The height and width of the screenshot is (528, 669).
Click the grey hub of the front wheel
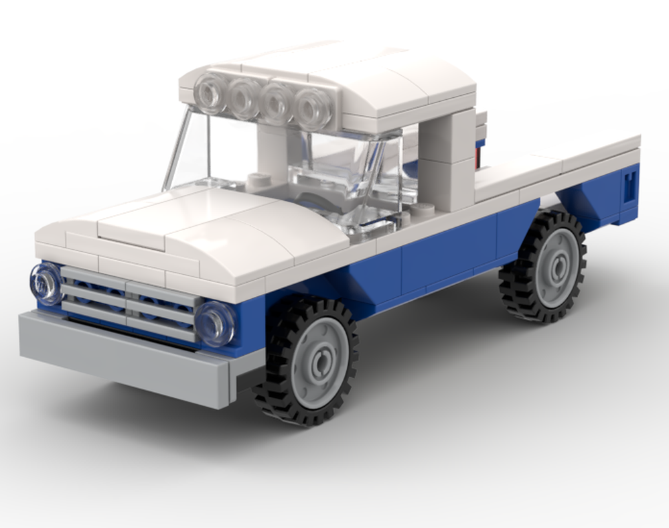pyautogui.click(x=320, y=362)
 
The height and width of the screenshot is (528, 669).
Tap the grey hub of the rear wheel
pyautogui.click(x=555, y=267)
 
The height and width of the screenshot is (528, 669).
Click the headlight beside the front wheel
pyautogui.click(x=215, y=324)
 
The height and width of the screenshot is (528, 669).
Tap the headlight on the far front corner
pyautogui.click(x=46, y=283)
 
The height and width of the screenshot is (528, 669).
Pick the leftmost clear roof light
pyautogui.click(x=210, y=92)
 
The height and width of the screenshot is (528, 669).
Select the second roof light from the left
pyautogui.click(x=244, y=97)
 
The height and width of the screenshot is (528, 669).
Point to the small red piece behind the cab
pyautogui.click(x=478, y=157)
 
